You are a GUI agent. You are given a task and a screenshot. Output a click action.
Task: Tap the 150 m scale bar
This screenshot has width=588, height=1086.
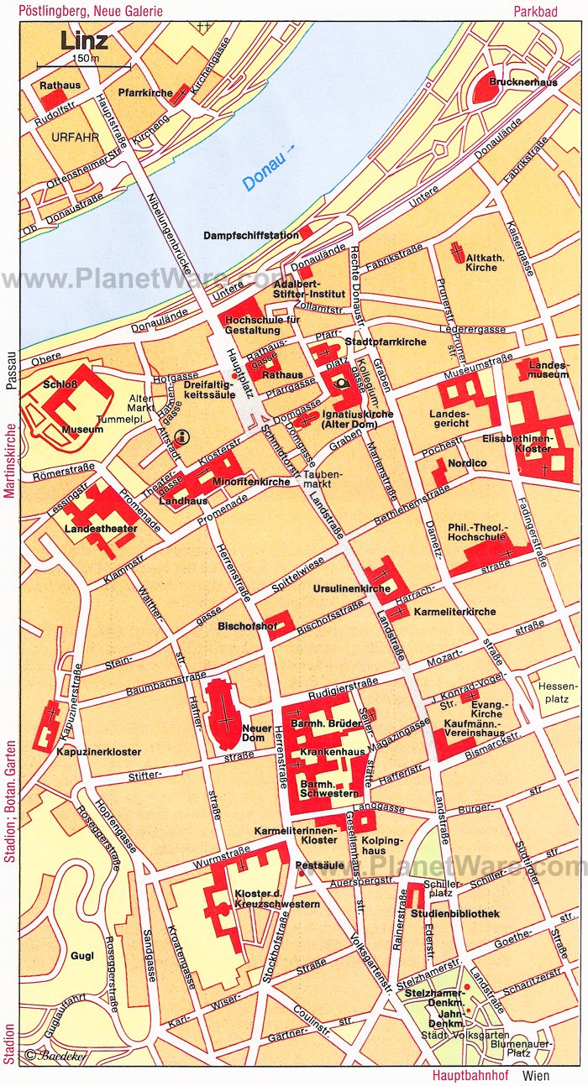click(84, 65)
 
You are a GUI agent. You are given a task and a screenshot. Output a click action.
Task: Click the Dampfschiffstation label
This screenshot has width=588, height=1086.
click(250, 236)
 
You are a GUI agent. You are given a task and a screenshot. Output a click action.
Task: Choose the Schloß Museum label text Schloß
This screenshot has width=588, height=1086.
click(60, 384)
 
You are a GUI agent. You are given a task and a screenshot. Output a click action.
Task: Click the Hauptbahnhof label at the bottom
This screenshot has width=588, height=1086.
click(466, 1075)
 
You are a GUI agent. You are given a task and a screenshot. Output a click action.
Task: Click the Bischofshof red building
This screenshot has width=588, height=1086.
click(278, 622)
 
